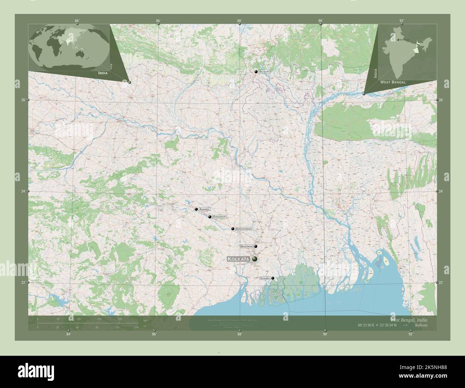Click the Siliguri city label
(264, 72)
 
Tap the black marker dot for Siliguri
(256, 72)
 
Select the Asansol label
(205, 209)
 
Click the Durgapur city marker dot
(210, 217)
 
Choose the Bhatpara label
(247, 247)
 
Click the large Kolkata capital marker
(255, 259)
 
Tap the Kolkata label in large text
(239, 259)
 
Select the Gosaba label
(265, 278)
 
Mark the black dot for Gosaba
(273, 278)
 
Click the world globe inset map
(69, 45)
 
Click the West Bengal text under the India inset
(393, 82)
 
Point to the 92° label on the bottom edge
(411, 334)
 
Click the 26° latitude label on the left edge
(23, 100)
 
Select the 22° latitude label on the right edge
(441, 283)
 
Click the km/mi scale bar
(88, 323)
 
